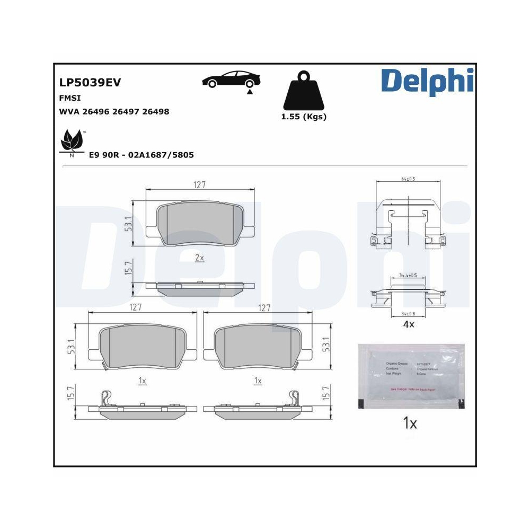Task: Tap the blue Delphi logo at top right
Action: click(426, 81)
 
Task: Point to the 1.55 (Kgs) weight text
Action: click(303, 117)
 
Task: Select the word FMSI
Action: click(69, 98)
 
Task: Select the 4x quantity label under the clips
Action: click(408, 324)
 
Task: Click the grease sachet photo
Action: click(411, 376)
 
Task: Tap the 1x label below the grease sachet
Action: click(410, 423)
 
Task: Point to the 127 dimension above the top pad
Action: click(199, 184)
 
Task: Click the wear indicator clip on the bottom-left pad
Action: click(107, 397)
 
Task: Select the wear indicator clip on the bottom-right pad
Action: click(293, 397)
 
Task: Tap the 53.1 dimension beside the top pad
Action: click(128, 223)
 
